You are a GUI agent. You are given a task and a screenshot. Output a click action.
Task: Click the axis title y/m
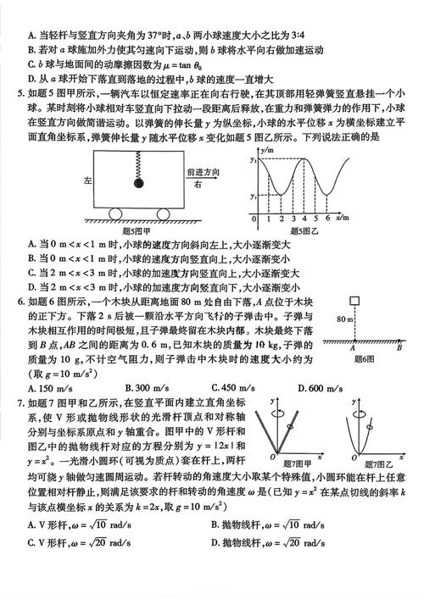pyautogui.click(x=269, y=149)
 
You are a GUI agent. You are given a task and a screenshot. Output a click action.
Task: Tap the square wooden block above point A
pyautogui.click(x=352, y=303)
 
